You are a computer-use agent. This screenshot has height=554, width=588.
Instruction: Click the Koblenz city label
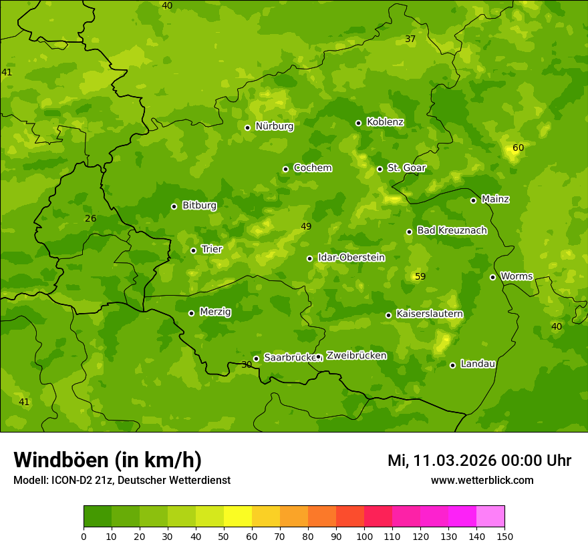385,122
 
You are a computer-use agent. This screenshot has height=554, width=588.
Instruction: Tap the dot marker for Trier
194,250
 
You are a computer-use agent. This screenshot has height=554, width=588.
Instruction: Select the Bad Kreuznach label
452,230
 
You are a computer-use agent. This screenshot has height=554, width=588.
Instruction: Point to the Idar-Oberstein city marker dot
309,258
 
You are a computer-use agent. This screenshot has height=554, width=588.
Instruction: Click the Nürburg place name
274,126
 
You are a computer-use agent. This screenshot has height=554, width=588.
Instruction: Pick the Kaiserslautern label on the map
430,314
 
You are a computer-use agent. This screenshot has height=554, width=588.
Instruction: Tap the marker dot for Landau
452,365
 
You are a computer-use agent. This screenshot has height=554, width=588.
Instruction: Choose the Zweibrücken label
356,356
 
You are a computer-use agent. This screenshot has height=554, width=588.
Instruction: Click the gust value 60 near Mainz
518,148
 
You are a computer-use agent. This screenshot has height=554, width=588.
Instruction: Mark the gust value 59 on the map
420,276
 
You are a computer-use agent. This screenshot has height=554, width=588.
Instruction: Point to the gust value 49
306,226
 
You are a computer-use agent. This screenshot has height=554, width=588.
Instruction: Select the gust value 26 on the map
91,218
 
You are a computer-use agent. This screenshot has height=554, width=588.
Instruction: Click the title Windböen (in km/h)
108,460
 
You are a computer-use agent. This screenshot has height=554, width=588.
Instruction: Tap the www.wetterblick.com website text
482,480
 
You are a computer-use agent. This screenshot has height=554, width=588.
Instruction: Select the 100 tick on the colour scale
364,536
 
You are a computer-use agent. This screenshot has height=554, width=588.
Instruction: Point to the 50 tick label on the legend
224,536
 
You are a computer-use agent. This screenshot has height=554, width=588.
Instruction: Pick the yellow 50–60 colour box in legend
238,517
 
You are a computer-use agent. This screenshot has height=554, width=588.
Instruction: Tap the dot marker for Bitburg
174,206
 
